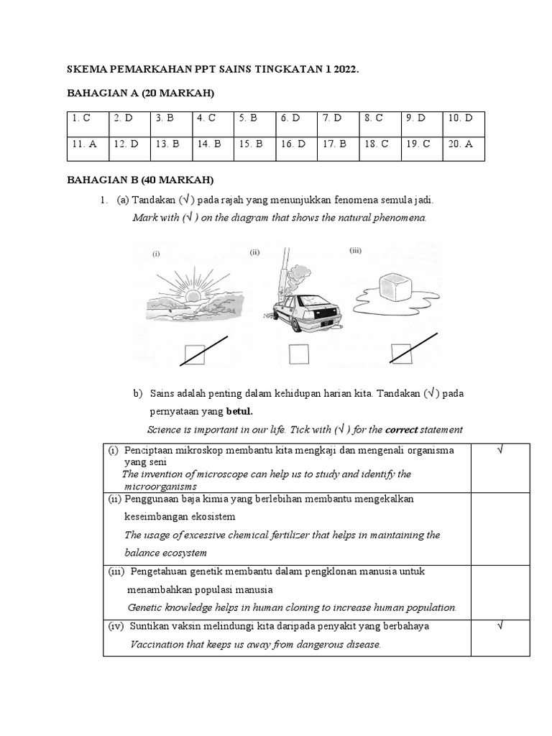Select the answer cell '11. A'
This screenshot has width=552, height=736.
pos(87,144)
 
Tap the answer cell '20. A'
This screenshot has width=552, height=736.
pos(464,144)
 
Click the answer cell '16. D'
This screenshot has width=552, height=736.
pos(296,144)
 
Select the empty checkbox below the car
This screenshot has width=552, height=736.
pos(298,354)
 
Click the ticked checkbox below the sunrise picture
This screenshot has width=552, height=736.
pos(195,354)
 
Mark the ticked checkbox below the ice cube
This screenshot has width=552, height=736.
pos(401,354)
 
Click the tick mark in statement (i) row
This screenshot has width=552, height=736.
pos(500,450)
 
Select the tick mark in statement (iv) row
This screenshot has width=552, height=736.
pos(500,627)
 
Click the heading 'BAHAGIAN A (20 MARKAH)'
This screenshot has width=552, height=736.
pos(141,93)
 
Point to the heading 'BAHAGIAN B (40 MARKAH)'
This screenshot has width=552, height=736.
pos(140,179)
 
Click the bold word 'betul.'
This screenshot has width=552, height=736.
pos(239,411)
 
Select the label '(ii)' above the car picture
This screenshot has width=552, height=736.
pos(254,252)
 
